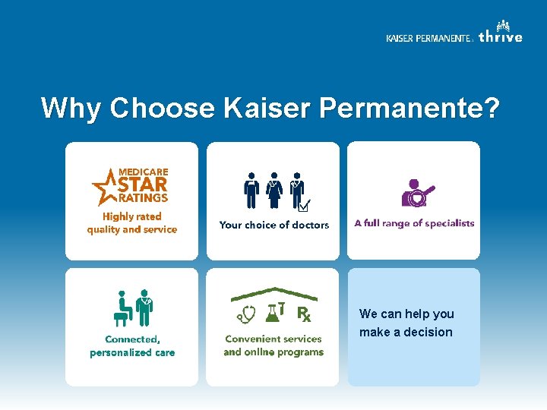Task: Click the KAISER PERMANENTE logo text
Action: point(428,39)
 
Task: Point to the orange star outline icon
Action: point(103,188)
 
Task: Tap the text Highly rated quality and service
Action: point(131,223)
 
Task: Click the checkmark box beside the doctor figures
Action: point(304,205)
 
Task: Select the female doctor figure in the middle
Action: point(273,190)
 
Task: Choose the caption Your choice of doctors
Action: point(273,225)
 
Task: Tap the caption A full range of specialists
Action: point(414,223)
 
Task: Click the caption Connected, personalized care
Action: point(132,346)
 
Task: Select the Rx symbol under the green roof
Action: point(303,313)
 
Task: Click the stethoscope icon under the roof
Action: point(246,314)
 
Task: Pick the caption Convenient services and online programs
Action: point(273,345)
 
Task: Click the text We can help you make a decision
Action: point(406,323)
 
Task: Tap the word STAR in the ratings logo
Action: point(143,184)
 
